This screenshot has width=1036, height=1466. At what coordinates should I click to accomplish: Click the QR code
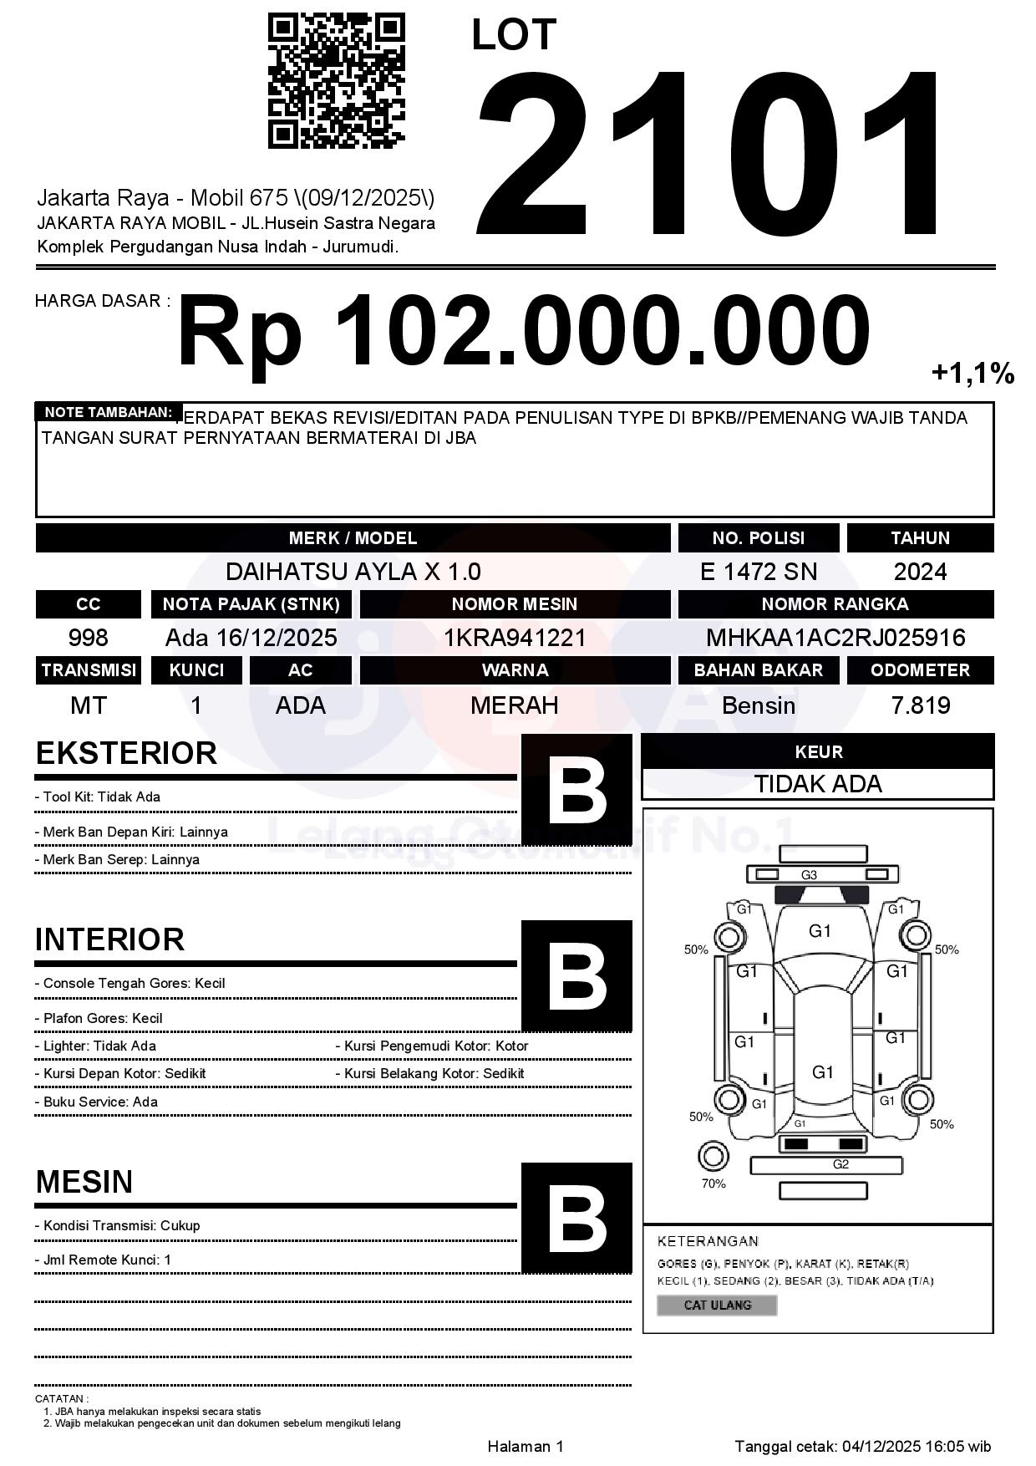[336, 81]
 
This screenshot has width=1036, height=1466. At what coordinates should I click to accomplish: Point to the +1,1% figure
[973, 373]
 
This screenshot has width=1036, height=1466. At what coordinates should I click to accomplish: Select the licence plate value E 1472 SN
[758, 572]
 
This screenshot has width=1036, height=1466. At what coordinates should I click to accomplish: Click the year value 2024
[920, 572]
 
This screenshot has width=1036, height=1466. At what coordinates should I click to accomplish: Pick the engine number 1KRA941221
[515, 638]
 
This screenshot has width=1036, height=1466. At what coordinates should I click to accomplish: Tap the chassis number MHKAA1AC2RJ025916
[835, 638]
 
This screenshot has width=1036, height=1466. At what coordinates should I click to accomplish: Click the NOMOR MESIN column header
[515, 604]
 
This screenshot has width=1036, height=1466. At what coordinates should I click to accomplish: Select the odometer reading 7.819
[920, 705]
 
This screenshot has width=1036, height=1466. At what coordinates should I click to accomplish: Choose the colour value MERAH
[515, 705]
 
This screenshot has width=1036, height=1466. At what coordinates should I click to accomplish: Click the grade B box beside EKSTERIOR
[576, 789]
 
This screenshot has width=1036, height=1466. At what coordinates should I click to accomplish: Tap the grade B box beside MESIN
[576, 1217]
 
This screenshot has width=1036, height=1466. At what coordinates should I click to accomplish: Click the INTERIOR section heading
[109, 939]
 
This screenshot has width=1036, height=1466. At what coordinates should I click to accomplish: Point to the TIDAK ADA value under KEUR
[818, 784]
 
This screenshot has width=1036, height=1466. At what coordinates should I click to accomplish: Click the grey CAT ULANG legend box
[717, 1305]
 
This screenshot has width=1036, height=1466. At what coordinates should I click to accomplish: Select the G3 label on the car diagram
[809, 875]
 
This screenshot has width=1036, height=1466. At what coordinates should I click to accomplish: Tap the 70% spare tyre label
[714, 1183]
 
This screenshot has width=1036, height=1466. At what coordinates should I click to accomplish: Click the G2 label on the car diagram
[840, 1164]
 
